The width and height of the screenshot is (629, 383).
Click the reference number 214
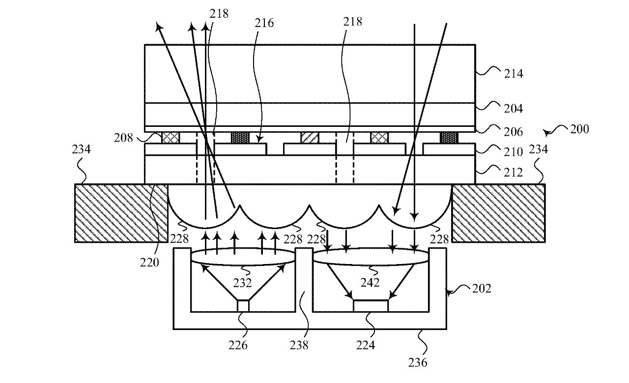click(x=514, y=74)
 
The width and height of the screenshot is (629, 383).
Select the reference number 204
click(x=514, y=109)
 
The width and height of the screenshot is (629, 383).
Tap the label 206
click(x=514, y=132)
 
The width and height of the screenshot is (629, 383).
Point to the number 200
click(x=579, y=129)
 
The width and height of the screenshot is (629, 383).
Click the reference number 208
click(x=123, y=138)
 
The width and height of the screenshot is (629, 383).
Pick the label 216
click(x=264, y=23)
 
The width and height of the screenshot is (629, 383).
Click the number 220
click(x=149, y=263)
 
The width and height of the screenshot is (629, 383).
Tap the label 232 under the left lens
click(x=242, y=283)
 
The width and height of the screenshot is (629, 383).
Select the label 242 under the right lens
click(x=370, y=282)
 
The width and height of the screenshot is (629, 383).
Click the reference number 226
click(x=238, y=345)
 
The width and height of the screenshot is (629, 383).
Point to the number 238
click(x=299, y=345)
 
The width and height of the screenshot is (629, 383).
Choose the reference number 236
click(x=418, y=362)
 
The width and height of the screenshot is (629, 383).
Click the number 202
click(x=481, y=289)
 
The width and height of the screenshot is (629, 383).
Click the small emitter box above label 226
click(x=243, y=306)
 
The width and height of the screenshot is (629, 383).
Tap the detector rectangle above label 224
click(x=371, y=306)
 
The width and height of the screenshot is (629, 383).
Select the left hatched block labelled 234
click(x=121, y=213)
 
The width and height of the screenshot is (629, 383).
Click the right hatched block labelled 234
click(x=498, y=213)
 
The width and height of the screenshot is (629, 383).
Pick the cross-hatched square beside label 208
click(x=171, y=138)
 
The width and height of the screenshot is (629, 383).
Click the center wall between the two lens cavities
click(x=304, y=280)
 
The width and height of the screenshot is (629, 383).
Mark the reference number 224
click(x=366, y=345)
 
